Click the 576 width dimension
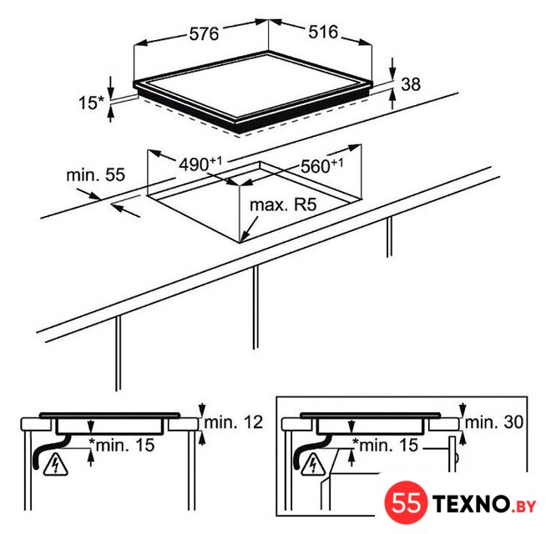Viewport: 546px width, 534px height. point(204,34)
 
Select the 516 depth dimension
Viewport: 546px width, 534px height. point(323,32)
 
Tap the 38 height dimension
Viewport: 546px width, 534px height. point(411,84)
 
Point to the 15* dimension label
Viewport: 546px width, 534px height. point(91,103)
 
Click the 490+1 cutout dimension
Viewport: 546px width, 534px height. point(200,164)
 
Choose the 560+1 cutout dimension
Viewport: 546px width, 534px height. point(321,166)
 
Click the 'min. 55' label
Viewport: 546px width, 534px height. point(95,174)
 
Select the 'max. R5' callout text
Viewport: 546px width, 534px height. point(283,204)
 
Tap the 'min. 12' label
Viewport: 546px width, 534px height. point(233,422)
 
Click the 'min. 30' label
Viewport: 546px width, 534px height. point(494,422)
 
